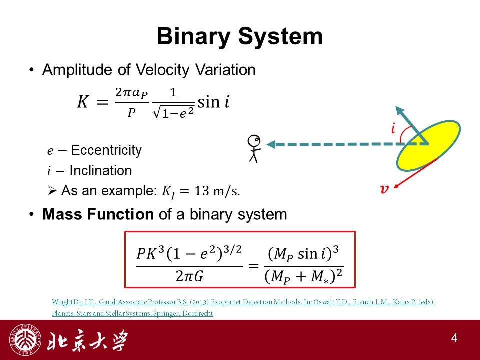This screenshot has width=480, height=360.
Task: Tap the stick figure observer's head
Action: point(254,141)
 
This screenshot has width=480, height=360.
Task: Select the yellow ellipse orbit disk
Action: point(428,145)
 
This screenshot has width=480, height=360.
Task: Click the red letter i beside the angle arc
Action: point(393,128)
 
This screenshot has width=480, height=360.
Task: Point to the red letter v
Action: point(384,189)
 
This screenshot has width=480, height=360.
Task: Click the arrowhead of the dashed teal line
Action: point(271,144)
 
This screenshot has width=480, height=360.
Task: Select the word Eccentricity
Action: point(106,150)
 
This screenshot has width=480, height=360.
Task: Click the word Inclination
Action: point(100,171)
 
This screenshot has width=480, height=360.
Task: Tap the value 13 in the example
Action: point(201,191)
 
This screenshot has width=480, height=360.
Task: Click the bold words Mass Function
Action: point(98,214)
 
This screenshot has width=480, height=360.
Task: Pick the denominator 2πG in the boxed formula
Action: point(189,276)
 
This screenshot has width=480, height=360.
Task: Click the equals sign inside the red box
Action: point(253,266)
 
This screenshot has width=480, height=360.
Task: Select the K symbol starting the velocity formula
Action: point(83,101)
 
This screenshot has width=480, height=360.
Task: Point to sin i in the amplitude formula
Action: point(213,102)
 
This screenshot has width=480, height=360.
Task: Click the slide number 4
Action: point(454,338)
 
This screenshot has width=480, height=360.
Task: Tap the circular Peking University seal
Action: point(25,340)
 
